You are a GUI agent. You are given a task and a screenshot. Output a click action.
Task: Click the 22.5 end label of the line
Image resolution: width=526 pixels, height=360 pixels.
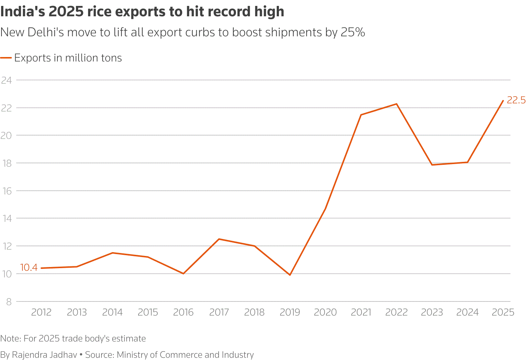click(516, 100)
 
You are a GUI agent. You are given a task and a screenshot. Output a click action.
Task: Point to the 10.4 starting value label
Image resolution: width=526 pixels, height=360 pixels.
click(29, 267)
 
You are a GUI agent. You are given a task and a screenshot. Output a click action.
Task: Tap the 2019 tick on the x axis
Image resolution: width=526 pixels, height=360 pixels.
click(290, 312)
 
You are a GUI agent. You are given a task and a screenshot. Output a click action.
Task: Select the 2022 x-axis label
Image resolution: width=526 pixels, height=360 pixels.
click(396, 312)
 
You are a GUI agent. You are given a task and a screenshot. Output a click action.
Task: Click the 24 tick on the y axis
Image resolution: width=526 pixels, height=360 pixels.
click(6, 80)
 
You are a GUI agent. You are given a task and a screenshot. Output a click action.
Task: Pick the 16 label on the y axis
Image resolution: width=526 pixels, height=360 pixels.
click(6, 191)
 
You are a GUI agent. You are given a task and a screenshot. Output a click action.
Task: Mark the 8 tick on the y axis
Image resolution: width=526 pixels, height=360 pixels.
click(9, 302)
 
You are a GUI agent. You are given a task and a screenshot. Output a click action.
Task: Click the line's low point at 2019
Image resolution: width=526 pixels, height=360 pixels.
click(290, 275)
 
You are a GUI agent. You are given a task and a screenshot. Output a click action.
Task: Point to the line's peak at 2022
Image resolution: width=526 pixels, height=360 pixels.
click(396, 104)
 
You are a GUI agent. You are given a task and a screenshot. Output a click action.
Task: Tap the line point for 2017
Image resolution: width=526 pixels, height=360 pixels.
click(219, 239)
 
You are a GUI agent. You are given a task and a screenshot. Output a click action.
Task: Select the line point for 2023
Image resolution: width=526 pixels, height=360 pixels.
click(432, 165)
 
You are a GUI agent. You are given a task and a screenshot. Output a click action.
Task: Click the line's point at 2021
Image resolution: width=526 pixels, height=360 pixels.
click(361, 115)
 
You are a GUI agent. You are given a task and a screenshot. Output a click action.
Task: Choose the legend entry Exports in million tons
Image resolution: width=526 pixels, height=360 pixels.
click(68, 58)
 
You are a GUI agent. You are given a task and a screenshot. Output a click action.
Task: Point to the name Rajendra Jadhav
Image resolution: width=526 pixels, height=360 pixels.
click(44, 354)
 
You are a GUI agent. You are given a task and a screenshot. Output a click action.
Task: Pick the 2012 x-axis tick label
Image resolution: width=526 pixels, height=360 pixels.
click(41, 312)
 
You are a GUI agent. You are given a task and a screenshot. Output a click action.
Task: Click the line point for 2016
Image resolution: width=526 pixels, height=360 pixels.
click(183, 274)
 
